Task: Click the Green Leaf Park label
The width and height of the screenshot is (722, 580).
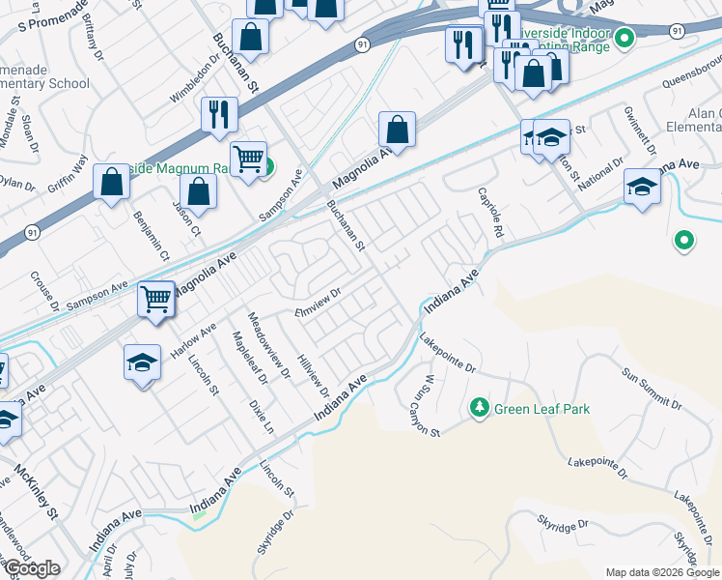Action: tap(541, 410)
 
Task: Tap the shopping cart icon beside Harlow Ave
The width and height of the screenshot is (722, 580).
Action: tap(155, 300)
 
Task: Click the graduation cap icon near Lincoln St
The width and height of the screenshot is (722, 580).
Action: tap(142, 363)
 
